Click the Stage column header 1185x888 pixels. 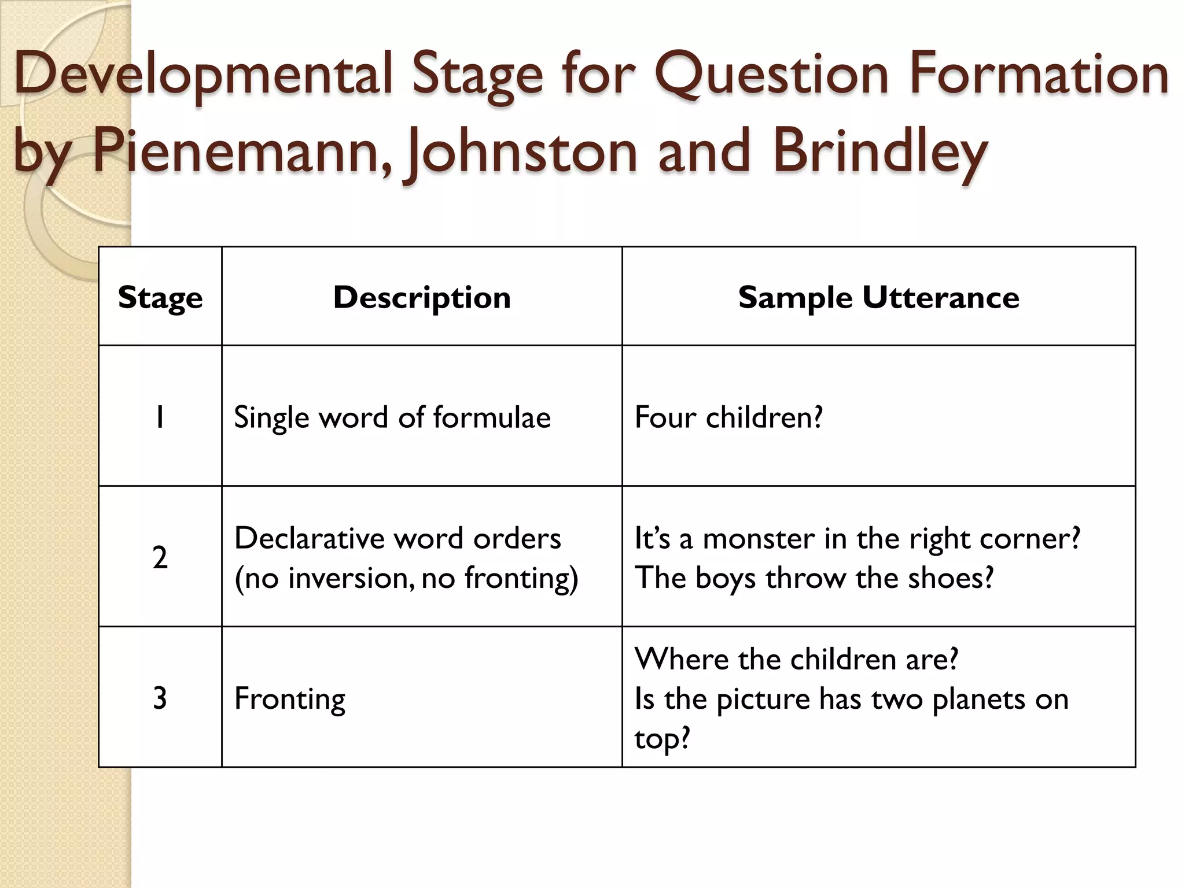pyautogui.click(x=160, y=298)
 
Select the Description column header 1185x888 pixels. pyautogui.click(x=422, y=298)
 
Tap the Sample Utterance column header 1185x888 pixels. pyautogui.click(x=878, y=298)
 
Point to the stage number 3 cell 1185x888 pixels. pyautogui.click(x=160, y=698)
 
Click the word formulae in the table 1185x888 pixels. pyautogui.click(x=492, y=417)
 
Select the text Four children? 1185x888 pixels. pyautogui.click(x=728, y=417)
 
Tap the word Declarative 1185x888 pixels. pyautogui.click(x=310, y=538)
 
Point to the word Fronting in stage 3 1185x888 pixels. pyautogui.click(x=290, y=698)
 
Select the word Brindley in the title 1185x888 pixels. pyautogui.click(x=880, y=151)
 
